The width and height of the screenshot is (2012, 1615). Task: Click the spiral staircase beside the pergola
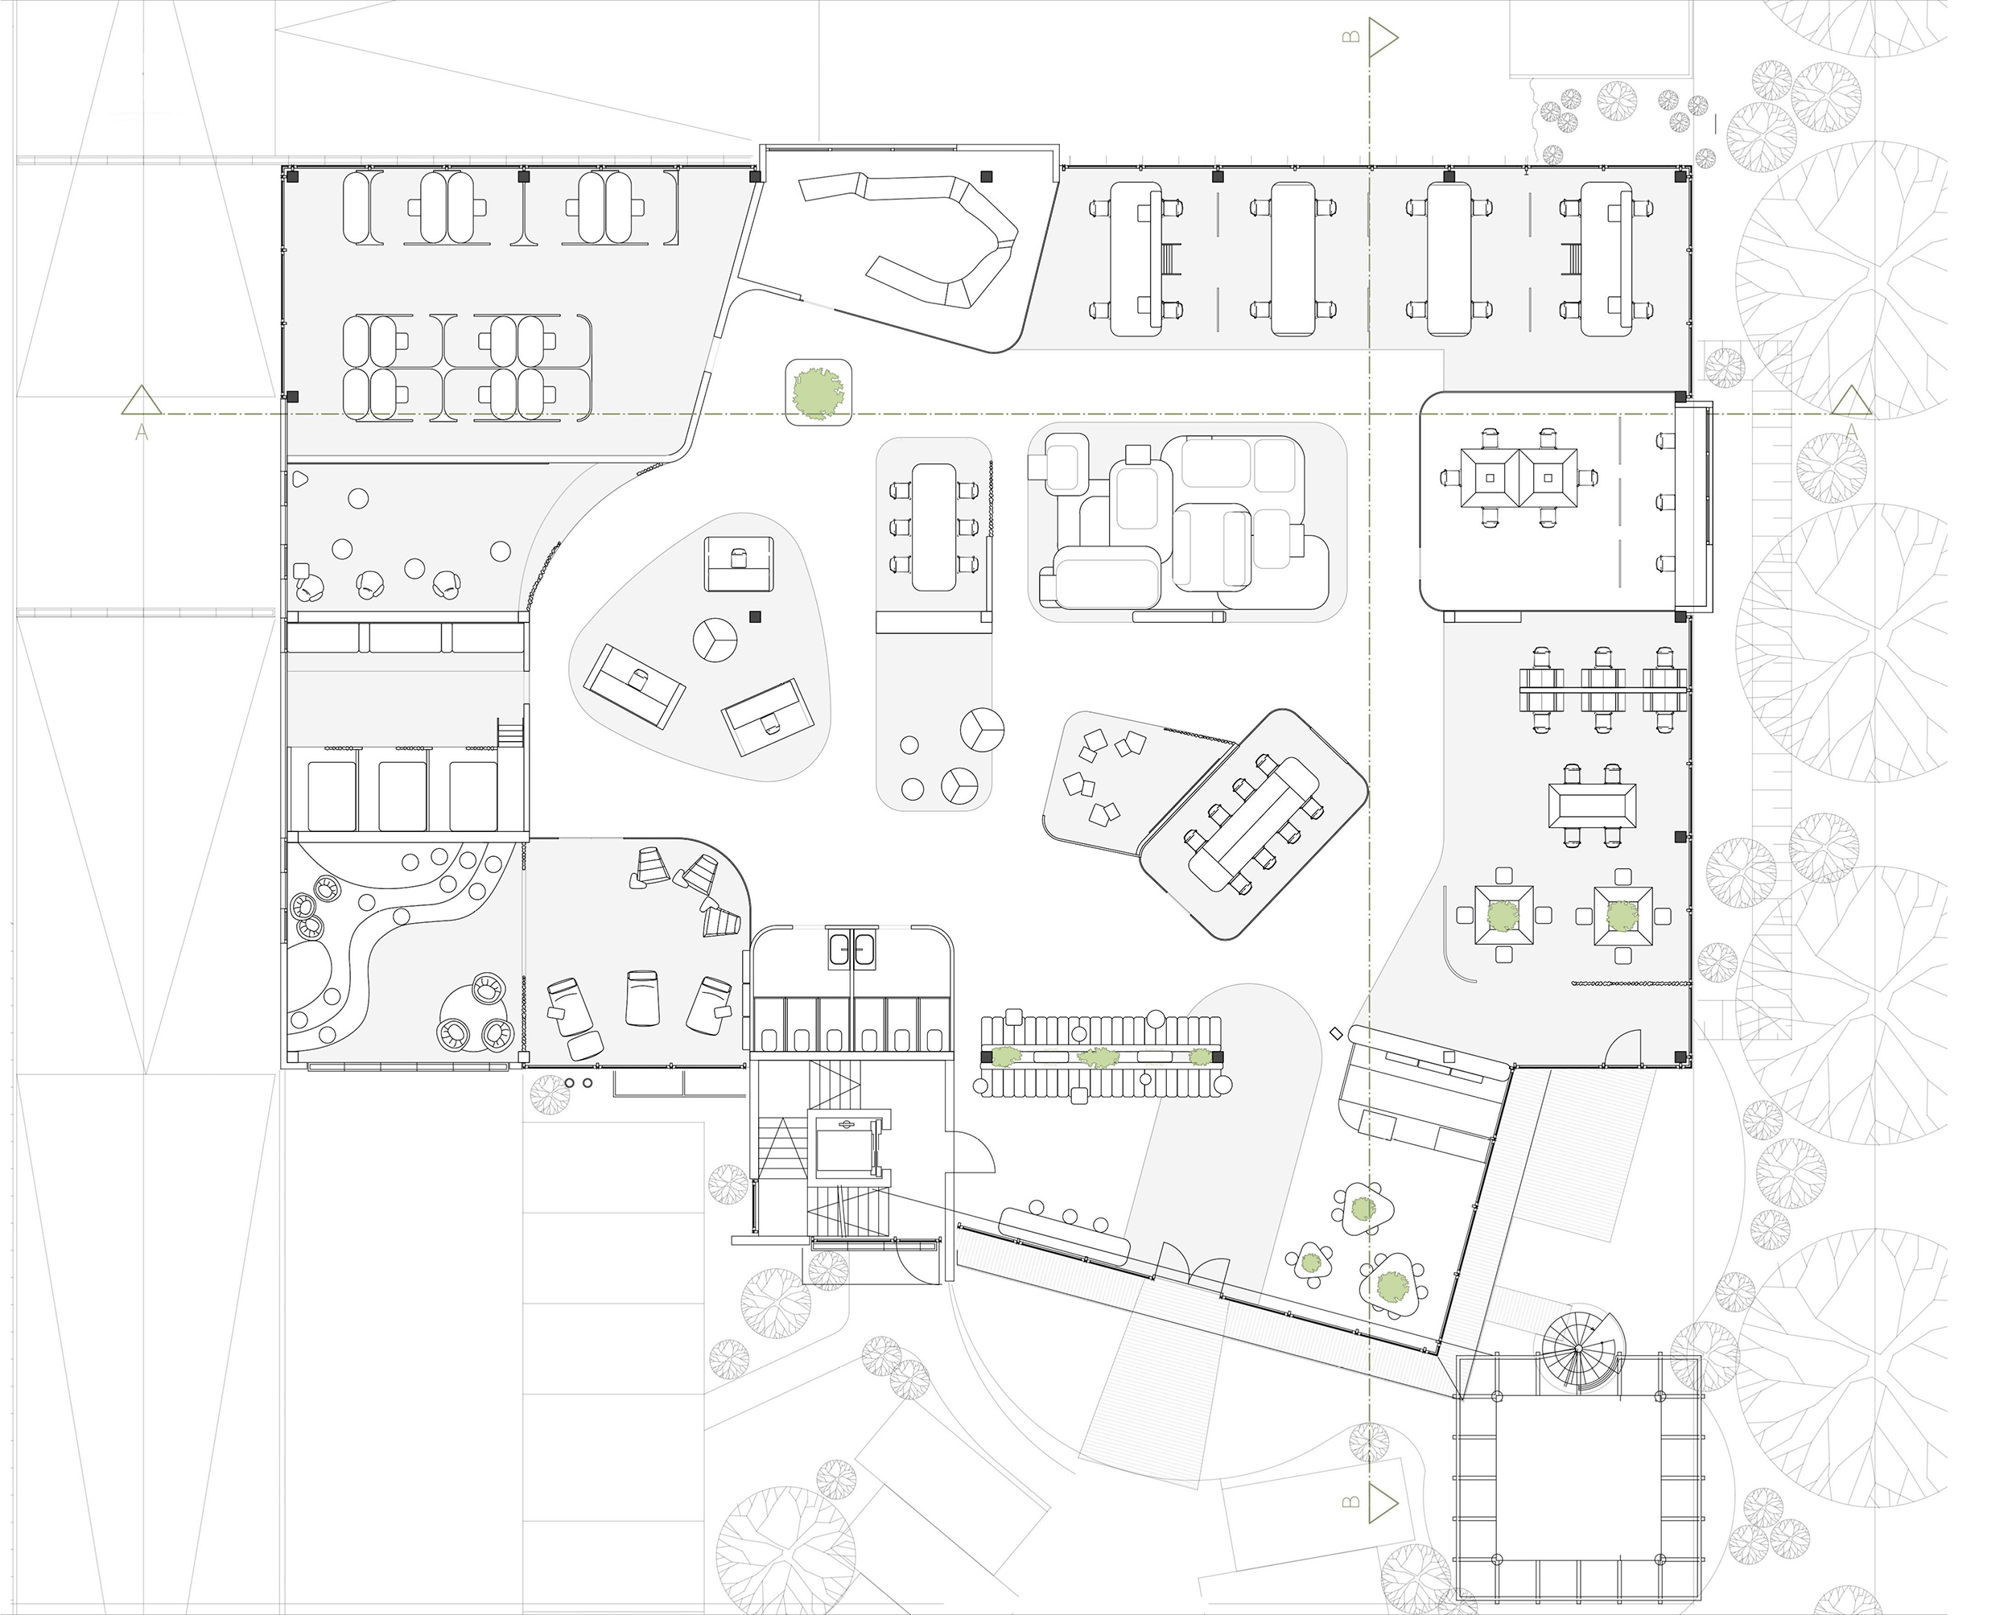pyautogui.click(x=1581, y=1350)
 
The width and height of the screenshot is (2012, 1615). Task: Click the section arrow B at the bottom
pyautogui.click(x=1383, y=1527)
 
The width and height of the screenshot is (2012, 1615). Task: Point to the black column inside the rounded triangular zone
pyautogui.click(x=754, y=616)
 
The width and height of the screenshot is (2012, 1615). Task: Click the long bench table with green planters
pyautogui.click(x=1102, y=1056)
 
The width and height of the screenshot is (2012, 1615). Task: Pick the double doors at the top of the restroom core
pyautogui.click(x=852, y=949)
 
